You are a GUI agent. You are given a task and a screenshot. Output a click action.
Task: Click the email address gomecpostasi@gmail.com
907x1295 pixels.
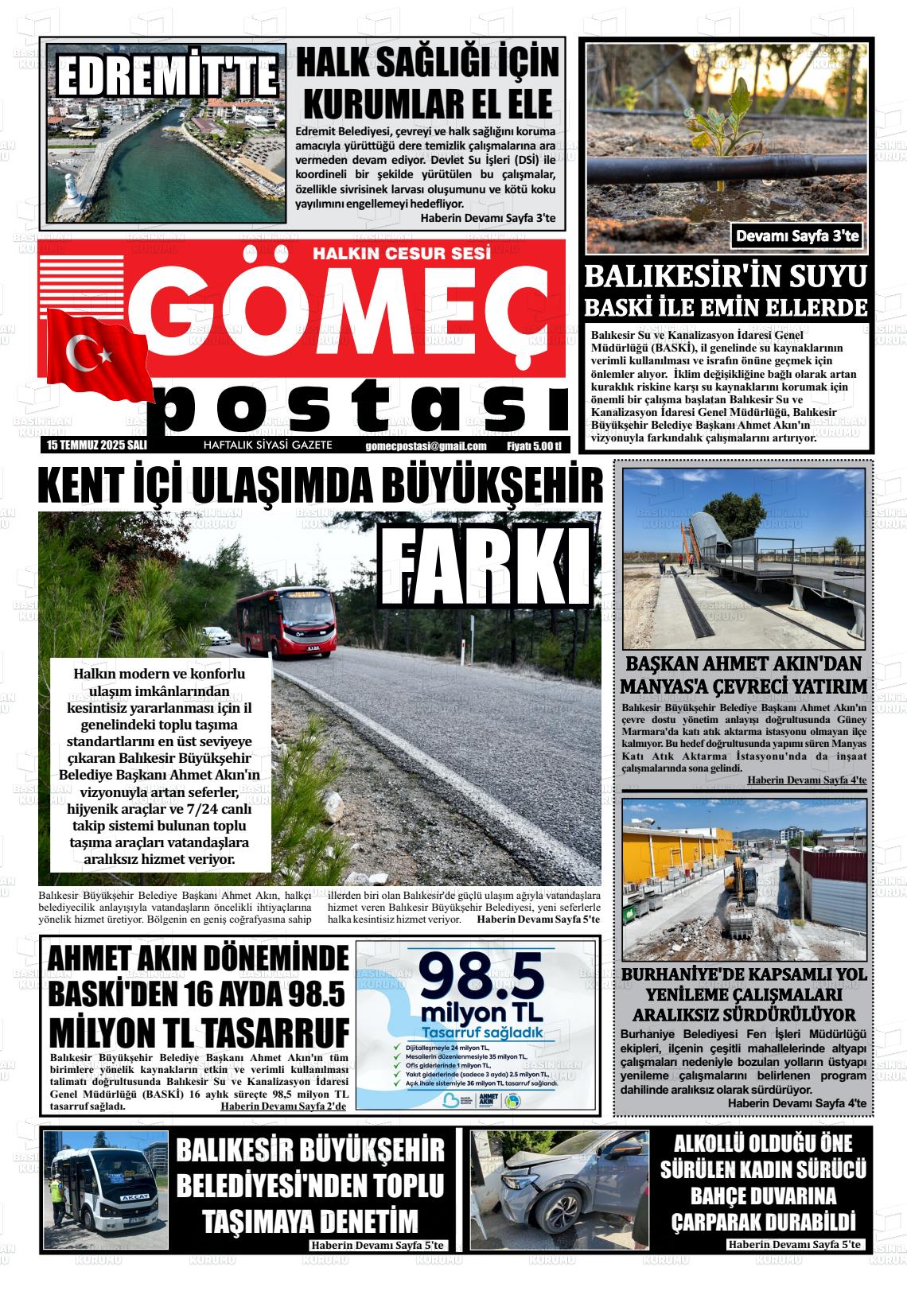426,446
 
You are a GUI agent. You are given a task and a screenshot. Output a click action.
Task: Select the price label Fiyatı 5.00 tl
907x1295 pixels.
534,446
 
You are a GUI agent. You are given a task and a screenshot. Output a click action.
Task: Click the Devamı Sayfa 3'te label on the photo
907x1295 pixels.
798,235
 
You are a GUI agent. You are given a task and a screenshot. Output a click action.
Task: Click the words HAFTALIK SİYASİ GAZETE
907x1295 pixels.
268,445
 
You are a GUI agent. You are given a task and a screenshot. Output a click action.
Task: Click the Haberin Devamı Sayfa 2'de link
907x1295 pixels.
283,1106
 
